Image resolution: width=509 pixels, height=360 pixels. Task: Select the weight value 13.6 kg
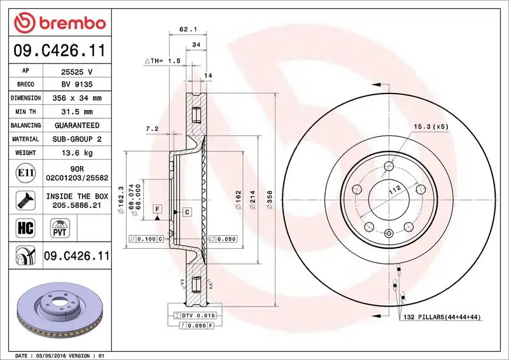click(76, 153)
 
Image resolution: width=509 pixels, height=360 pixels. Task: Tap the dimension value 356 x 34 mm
click(76, 98)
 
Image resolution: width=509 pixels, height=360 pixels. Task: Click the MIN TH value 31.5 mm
click(76, 112)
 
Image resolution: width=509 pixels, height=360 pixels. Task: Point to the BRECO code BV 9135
click(76, 84)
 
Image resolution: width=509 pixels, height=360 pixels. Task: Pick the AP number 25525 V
click(76, 71)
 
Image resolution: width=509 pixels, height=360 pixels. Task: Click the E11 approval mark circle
click(22, 172)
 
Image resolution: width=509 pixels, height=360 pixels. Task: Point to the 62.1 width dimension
click(186, 29)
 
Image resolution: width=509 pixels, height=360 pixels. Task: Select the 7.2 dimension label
click(152, 128)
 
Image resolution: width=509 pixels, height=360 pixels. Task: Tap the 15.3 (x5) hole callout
click(431, 127)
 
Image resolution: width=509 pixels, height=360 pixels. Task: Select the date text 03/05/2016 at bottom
click(62, 355)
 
